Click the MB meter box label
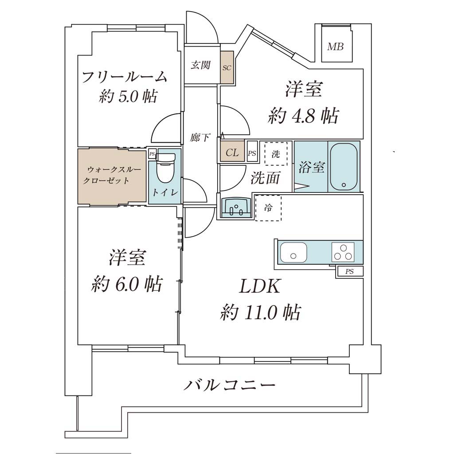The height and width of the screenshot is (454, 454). tap(335, 46)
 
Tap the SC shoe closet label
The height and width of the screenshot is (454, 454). tap(227, 68)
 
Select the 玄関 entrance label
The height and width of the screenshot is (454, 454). tap(200, 65)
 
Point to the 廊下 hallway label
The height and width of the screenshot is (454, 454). tap(200, 137)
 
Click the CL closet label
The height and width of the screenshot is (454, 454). tap(232, 153)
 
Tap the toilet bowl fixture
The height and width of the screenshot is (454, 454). tap(165, 168)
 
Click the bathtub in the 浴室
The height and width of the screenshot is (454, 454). tap(344, 167)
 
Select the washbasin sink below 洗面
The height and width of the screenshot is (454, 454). tap(236, 207)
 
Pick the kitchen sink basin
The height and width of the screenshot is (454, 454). tap(294, 252)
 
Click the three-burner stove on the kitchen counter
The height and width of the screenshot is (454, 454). tap(343, 252)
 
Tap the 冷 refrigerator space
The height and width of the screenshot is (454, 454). tap(268, 208)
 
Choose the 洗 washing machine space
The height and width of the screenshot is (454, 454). tap(276, 154)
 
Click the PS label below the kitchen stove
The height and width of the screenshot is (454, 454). tap(349, 272)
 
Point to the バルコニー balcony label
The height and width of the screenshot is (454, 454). tap(229, 385)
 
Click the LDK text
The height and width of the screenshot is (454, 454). tap(259, 286)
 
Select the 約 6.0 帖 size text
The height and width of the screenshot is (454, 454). tap(126, 284)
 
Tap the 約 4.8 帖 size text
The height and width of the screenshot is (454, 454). tap(303, 116)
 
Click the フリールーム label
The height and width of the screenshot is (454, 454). tap(125, 77)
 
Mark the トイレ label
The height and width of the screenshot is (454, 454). tap(165, 192)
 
